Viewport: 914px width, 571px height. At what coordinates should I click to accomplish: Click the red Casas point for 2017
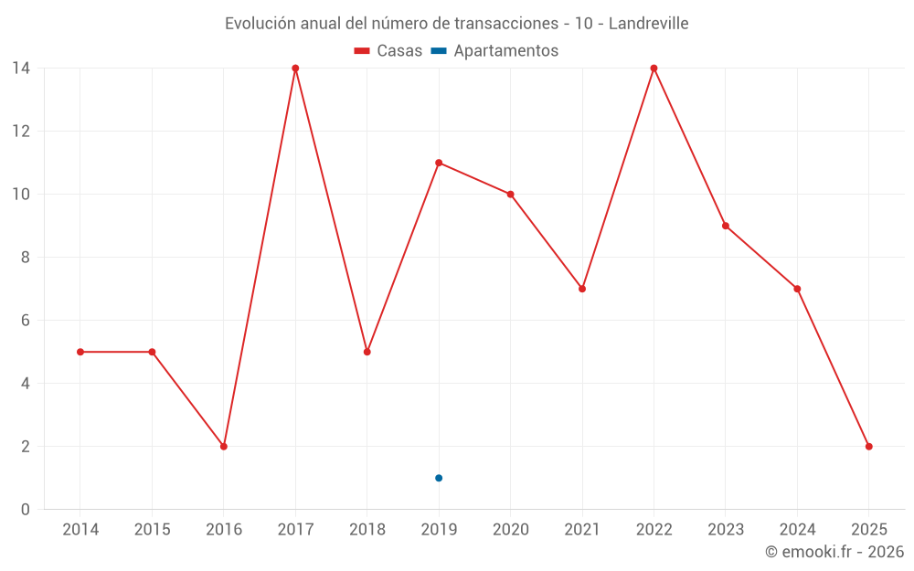[x=295, y=69]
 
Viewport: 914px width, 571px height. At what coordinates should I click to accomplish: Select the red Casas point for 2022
[x=654, y=69]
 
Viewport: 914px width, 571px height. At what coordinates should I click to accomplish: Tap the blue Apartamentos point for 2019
[x=439, y=478]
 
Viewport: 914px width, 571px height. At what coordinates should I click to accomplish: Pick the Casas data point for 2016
[x=224, y=447]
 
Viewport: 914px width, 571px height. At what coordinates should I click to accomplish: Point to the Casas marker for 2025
[x=868, y=447]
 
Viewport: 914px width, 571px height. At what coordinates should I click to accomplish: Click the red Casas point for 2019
[x=439, y=163]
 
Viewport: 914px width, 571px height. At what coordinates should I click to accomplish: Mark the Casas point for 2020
[x=510, y=195]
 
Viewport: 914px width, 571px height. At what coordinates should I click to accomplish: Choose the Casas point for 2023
[x=726, y=226]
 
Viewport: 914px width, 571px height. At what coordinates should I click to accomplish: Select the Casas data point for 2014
[x=80, y=352]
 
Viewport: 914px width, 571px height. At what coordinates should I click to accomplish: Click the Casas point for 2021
[x=582, y=289]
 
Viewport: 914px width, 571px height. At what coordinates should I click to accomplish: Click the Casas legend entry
[x=388, y=51]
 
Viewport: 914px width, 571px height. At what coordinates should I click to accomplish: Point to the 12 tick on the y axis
[x=21, y=132]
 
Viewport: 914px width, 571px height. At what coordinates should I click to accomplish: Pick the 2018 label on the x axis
[x=367, y=530]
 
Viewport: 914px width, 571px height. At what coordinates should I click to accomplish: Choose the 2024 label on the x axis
[x=797, y=530]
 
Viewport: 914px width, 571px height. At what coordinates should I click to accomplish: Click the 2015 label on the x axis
[x=152, y=530]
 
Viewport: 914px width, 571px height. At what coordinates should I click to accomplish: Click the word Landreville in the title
[x=647, y=24]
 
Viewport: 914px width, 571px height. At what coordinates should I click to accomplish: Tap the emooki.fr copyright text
[x=834, y=553]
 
